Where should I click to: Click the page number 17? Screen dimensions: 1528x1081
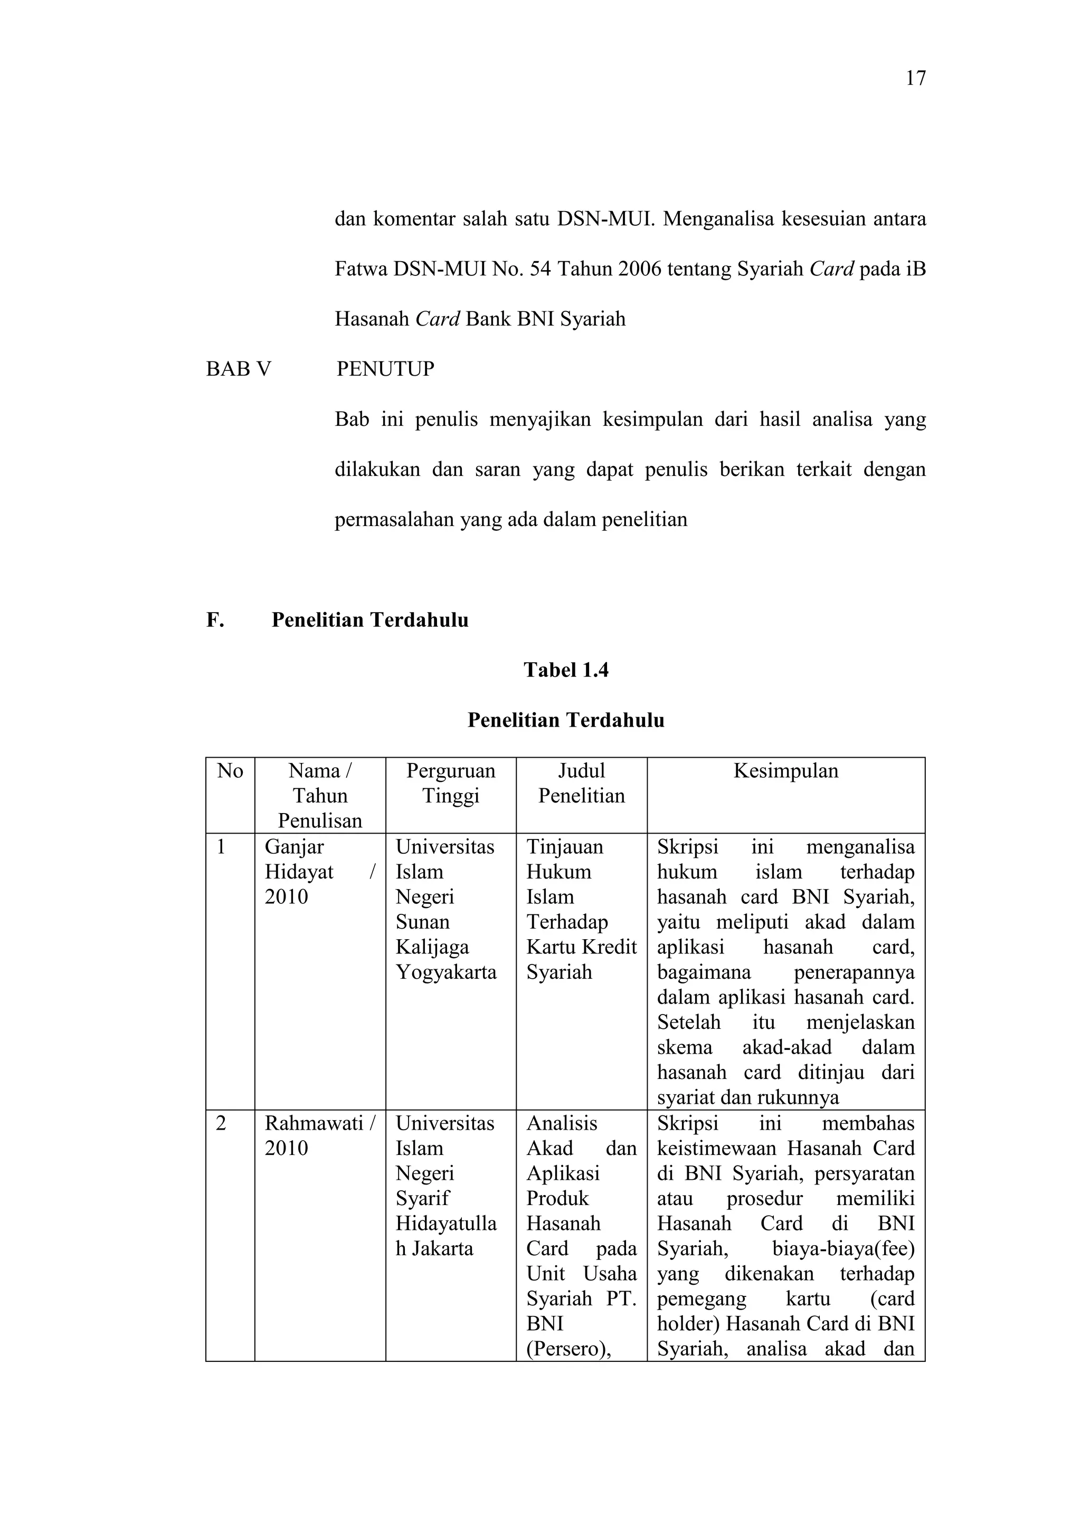(915, 79)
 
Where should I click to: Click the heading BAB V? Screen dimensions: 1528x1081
(238, 369)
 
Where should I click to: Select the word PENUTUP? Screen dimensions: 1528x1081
(385, 369)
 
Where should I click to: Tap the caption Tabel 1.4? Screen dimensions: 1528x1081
(566, 670)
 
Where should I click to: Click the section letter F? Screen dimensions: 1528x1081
(214, 619)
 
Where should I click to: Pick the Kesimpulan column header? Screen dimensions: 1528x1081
(785, 771)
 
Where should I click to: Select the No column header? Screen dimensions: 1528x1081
(230, 771)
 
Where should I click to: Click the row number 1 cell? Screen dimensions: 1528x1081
(221, 847)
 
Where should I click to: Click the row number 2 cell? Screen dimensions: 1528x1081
(221, 1123)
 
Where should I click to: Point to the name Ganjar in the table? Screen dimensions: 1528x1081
(294, 847)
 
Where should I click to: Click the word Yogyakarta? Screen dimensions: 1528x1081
(446, 972)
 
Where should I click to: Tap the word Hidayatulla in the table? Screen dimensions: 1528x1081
(446, 1223)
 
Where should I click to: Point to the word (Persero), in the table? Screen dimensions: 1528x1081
(568, 1349)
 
